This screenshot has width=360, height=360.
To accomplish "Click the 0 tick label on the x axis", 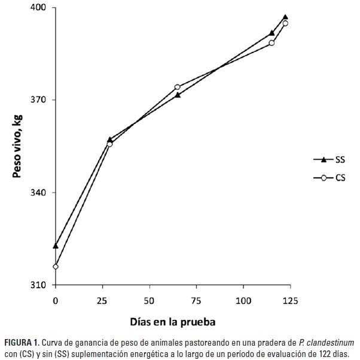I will [56, 298].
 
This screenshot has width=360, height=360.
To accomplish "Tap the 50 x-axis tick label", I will [150, 298].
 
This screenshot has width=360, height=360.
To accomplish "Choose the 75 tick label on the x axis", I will [196, 298].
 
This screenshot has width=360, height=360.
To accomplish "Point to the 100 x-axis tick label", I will [243, 298].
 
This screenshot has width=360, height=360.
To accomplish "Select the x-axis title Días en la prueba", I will [173, 321].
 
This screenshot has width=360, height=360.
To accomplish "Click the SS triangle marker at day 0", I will [56, 245].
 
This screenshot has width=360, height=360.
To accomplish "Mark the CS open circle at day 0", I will [56, 267].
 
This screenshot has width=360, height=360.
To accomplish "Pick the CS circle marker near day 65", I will [178, 87].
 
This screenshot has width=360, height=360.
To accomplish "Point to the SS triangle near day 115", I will [271, 33].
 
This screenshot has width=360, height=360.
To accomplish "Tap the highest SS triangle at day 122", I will [285, 17].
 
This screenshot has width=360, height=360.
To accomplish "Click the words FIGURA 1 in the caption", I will [20, 343].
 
